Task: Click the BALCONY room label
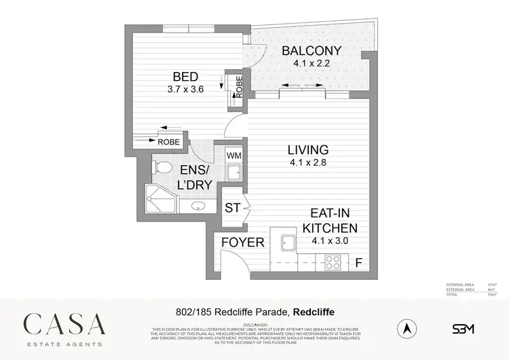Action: click(x=312, y=51)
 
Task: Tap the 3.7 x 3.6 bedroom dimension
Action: click(x=185, y=88)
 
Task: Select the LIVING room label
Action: click(x=307, y=150)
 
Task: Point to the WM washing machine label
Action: click(x=233, y=156)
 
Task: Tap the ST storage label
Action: click(x=233, y=208)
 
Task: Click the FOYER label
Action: click(x=243, y=242)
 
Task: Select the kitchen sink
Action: click(x=284, y=242)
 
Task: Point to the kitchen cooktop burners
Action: click(x=333, y=262)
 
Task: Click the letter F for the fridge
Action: click(x=360, y=262)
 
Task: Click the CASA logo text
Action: click(x=64, y=323)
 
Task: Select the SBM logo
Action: click(x=463, y=329)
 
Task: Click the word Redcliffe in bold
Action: click(x=315, y=312)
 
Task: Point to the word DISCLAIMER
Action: click(x=254, y=324)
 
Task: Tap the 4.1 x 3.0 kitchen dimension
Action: click(x=331, y=240)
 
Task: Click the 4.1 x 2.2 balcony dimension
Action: click(x=312, y=63)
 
